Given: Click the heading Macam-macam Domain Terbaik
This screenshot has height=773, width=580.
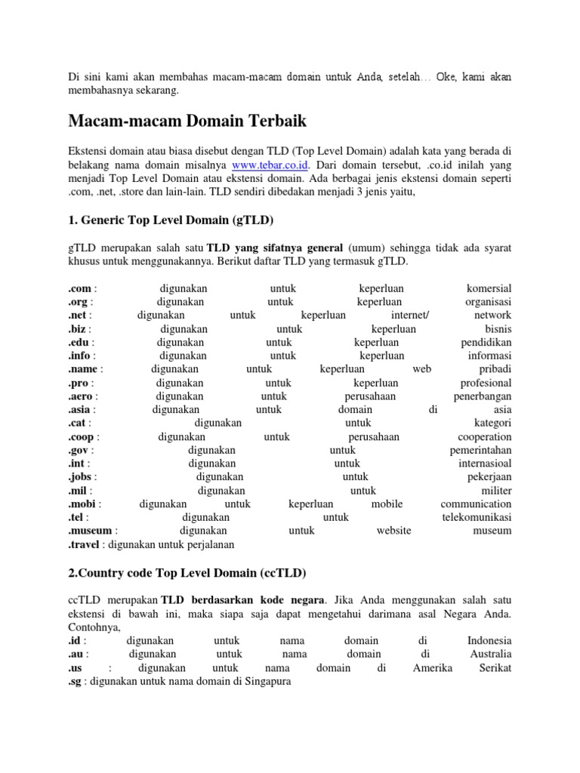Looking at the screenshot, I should tap(187, 121).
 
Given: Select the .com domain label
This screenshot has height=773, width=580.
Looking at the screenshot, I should tap(79, 288).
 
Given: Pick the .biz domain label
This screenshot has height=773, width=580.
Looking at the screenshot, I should tap(78, 329).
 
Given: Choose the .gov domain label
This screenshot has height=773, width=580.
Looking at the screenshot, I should tap(79, 450).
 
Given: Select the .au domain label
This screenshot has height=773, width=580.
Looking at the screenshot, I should tap(76, 654).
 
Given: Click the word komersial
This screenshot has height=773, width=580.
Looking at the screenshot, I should tap(489, 288).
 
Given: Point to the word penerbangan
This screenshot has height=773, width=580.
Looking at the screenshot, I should tap(482, 396).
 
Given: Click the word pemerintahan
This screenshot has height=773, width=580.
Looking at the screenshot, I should tap(476, 450).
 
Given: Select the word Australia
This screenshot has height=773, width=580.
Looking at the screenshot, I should tap(489, 654).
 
